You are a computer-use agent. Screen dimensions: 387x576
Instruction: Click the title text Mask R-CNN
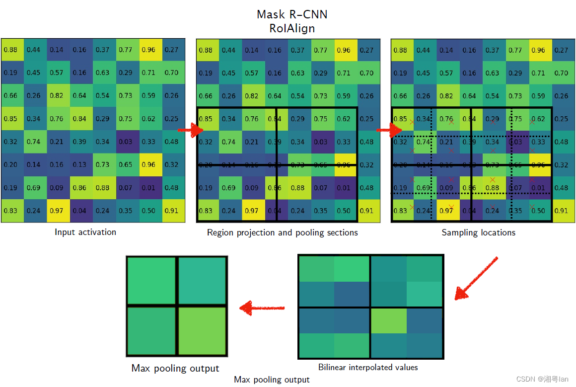(x=292, y=14)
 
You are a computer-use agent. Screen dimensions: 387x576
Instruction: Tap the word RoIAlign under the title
(x=292, y=28)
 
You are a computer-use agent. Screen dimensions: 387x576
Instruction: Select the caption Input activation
(x=85, y=232)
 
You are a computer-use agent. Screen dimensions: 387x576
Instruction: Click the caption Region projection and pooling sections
(x=282, y=232)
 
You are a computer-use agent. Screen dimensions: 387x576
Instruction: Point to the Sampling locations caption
(x=478, y=232)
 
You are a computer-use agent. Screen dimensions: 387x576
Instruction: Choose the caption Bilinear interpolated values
(x=368, y=368)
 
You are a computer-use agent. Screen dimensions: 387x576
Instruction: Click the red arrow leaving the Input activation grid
(x=191, y=130)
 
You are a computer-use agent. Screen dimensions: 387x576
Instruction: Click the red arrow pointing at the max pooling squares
(x=262, y=308)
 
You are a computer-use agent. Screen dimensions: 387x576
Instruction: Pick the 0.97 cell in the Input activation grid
(x=57, y=211)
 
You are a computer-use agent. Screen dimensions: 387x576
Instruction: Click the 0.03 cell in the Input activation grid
(x=126, y=142)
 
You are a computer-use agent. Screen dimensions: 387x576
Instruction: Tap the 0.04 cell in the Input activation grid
(x=79, y=211)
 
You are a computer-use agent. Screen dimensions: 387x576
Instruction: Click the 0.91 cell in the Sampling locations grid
(x=561, y=211)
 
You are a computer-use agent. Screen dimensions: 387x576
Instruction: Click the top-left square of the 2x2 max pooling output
(x=151, y=281)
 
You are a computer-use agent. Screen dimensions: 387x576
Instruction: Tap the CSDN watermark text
(x=542, y=379)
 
